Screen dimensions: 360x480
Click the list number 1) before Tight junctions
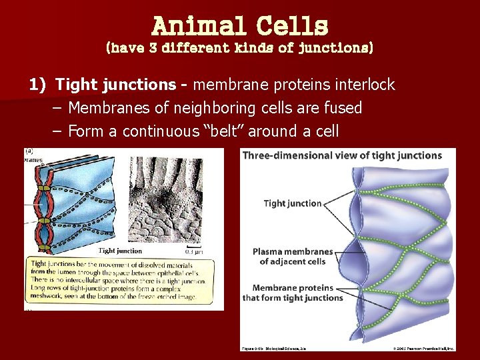(x=37, y=85)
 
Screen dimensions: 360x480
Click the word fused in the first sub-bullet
(x=343, y=108)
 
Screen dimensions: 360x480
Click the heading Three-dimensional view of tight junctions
(x=341, y=155)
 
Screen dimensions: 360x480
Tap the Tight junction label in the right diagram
(x=293, y=203)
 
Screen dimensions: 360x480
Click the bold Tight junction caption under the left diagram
(x=120, y=251)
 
